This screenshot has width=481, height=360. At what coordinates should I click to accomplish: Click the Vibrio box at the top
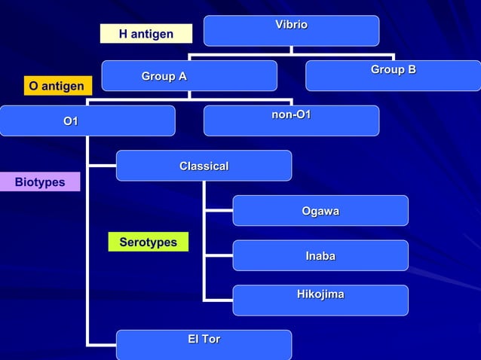tap(291, 31)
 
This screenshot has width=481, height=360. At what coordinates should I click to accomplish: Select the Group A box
tap(189, 76)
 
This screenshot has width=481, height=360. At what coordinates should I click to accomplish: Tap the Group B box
tap(393, 75)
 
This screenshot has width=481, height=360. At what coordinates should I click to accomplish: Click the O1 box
tap(87, 121)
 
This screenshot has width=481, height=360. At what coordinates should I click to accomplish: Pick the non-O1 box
tap(291, 121)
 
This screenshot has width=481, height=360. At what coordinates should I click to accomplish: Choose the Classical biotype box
tap(204, 166)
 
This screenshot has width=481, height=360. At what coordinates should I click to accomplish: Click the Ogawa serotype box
tap(320, 211)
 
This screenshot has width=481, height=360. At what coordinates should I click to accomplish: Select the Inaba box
tap(320, 255)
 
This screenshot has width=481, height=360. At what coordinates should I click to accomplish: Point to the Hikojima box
tap(320, 300)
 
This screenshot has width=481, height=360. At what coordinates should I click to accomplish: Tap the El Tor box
tap(204, 344)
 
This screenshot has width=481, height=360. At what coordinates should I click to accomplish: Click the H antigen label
tap(146, 34)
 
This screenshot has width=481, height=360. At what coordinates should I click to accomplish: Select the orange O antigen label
tap(57, 87)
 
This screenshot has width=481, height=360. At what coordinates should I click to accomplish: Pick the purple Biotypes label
tap(40, 182)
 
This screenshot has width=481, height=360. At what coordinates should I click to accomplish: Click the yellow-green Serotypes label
tap(148, 242)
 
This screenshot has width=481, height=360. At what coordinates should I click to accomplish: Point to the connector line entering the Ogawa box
tap(219, 211)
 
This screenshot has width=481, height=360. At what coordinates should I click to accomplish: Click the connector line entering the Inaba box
tap(219, 255)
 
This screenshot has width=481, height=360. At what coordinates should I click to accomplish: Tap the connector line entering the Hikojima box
tap(219, 300)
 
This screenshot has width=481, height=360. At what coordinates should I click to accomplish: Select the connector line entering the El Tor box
tap(102, 344)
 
